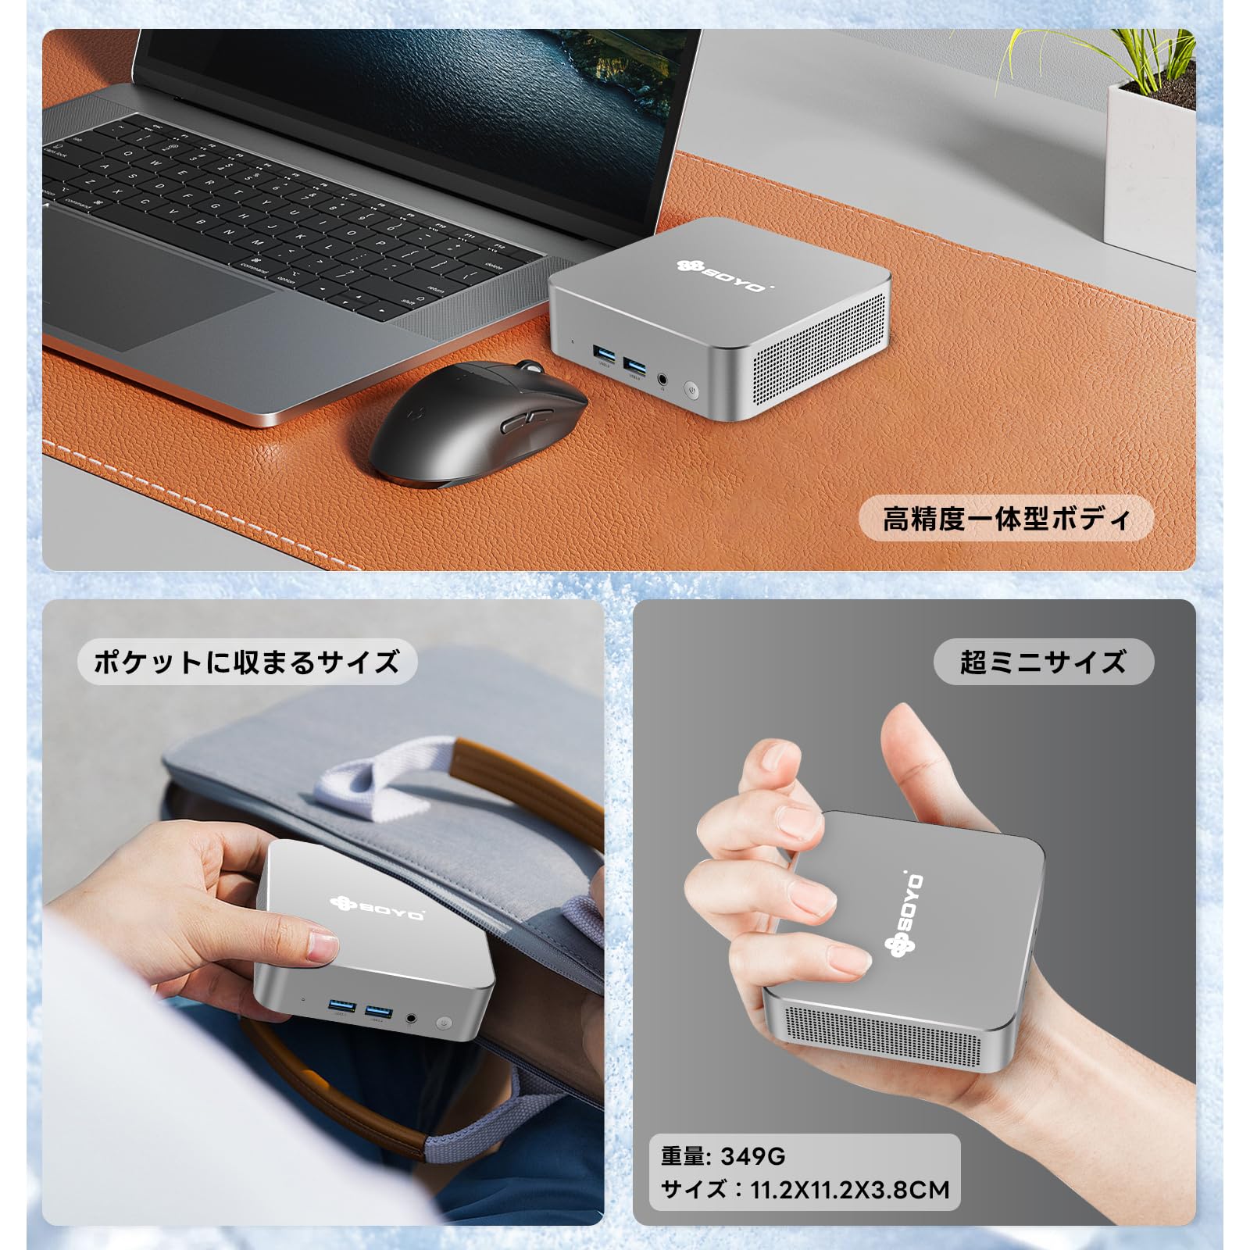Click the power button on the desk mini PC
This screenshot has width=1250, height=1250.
pos(692,388)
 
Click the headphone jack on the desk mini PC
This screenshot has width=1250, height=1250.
pos(663,379)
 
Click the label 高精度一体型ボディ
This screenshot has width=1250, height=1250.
pos(1006,518)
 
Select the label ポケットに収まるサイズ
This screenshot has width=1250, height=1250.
pos(247,662)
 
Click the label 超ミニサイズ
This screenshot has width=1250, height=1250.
pos(1043,662)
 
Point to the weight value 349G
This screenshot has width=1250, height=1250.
pos(752,1155)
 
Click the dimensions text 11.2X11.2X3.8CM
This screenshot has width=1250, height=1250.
pos(850,1190)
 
